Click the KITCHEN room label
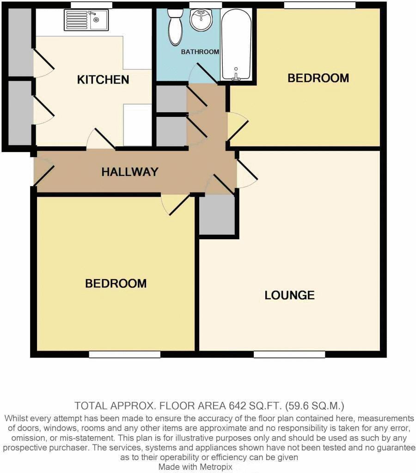[x=103, y=79]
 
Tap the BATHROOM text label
[x=200, y=52]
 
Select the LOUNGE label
[x=289, y=295]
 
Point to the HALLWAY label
[x=130, y=172]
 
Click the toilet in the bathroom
[x=175, y=27]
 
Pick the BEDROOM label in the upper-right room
[x=318, y=78]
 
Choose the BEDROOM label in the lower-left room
[x=116, y=283]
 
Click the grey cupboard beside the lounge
[x=217, y=214]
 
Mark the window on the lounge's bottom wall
[x=289, y=354]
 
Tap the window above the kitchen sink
[x=91, y=5]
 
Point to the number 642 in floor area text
[x=239, y=406]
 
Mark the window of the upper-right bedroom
[x=319, y=5]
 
